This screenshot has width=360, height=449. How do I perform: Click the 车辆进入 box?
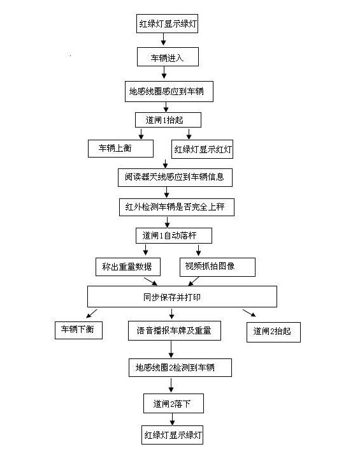tap(168, 57)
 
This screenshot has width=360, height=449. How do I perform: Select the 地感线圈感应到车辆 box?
tap(169, 92)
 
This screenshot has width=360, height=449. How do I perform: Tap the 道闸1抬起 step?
tap(168, 120)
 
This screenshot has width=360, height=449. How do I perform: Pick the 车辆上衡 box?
tap(120, 149)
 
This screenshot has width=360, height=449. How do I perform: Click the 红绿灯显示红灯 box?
tap(202, 149)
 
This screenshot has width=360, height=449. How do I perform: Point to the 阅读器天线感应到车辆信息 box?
tap(175, 177)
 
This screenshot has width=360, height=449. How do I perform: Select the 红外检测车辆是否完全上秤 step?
tap(176, 207)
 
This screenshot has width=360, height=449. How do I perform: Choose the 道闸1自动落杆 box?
tap(174, 236)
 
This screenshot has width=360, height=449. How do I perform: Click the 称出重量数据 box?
tap(128, 267)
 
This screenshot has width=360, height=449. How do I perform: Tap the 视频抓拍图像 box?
tap(217, 267)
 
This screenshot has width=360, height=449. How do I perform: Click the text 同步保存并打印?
tap(171, 297)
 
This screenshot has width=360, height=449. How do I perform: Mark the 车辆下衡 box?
tap(78, 330)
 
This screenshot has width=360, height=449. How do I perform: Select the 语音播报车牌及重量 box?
tap(175, 331)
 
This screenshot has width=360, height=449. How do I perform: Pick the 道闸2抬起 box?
tap(273, 332)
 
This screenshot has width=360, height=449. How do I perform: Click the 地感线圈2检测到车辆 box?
tap(180, 367)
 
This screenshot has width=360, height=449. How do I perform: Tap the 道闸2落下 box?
tap(173, 404)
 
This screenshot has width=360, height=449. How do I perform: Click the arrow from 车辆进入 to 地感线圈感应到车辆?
tap(164, 73)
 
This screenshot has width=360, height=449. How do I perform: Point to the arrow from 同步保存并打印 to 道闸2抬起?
tap(249, 313)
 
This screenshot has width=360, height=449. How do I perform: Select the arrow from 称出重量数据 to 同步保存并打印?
tap(150, 281)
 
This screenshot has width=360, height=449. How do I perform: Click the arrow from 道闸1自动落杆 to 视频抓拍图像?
tap(198, 250)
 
